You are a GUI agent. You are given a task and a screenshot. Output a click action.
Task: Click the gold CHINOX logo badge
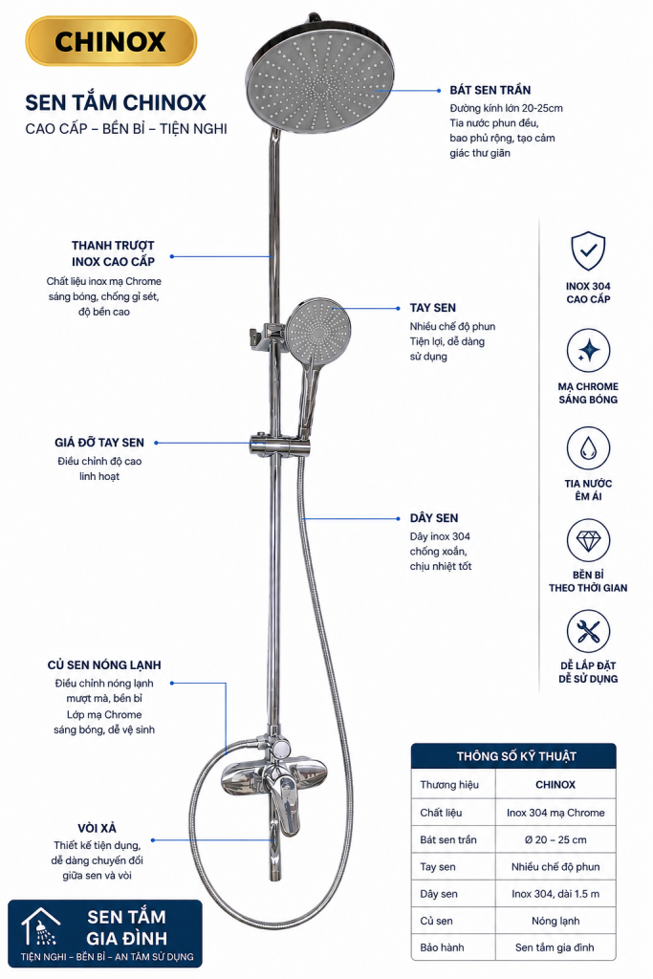point(111,41)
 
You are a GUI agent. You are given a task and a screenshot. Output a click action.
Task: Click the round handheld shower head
point(317,330)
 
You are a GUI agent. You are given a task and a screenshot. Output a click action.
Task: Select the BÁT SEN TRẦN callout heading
point(490,90)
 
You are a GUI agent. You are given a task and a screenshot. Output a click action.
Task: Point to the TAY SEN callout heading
point(433,308)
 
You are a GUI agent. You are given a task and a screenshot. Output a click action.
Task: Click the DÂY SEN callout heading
point(434,517)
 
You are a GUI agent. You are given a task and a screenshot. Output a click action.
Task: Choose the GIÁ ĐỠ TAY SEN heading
point(99,443)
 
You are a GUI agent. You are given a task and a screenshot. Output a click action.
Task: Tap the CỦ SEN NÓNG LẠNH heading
point(104,665)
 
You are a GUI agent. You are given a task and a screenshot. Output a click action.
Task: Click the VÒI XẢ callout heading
point(97,828)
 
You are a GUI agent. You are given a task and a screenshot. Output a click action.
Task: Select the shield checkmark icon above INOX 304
point(588,250)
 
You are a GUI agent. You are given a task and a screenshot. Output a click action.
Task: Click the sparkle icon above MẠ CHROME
point(588,350)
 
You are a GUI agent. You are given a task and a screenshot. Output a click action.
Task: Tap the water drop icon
point(588,447)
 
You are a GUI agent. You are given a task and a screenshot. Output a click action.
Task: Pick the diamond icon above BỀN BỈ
point(588,540)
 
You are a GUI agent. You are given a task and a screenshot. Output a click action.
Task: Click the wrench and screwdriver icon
point(588,631)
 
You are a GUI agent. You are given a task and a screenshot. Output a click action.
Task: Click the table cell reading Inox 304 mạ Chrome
point(555,813)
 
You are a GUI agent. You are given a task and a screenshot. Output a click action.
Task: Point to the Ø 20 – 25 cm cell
point(555,839)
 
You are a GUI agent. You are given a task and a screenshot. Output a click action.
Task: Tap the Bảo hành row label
point(442,947)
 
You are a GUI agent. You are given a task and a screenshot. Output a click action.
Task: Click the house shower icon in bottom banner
point(40,925)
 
